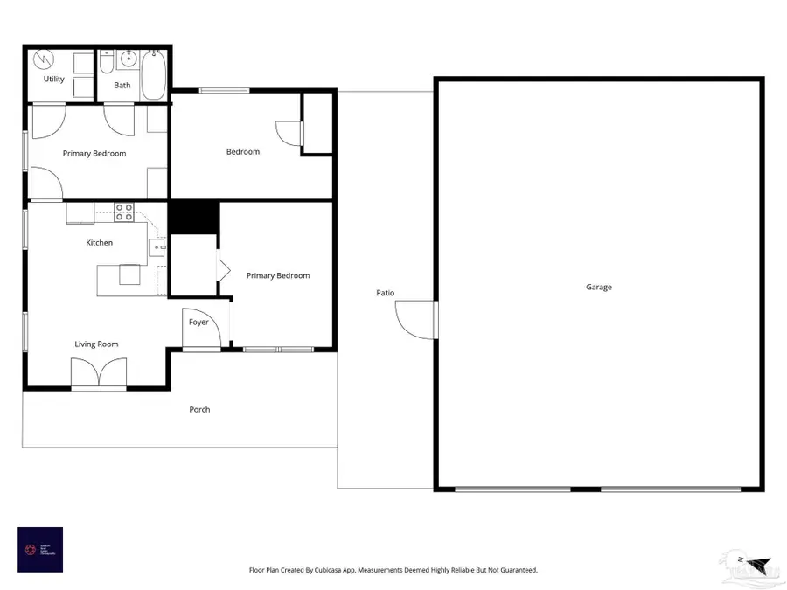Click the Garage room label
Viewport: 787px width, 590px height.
(x=599, y=287)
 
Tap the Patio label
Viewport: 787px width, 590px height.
(x=386, y=293)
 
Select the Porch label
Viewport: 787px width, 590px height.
(x=199, y=409)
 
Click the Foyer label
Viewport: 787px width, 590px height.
(x=198, y=323)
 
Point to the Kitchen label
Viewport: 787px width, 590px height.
(x=99, y=243)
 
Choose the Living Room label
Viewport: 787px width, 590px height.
(x=96, y=344)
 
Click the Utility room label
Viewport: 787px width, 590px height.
(x=54, y=80)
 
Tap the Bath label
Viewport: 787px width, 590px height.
(x=122, y=86)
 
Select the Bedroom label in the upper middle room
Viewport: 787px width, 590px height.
(x=243, y=152)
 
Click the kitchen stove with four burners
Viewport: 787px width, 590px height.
(x=124, y=212)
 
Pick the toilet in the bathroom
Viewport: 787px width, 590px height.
(x=106, y=63)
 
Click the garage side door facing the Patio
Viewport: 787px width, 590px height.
(x=417, y=319)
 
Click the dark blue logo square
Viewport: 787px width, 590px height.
(x=40, y=550)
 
